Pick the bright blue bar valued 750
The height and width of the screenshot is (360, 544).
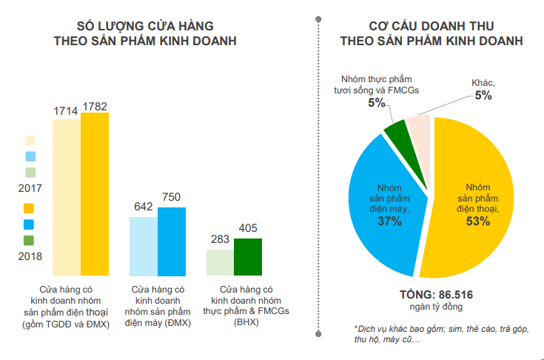point(172,241)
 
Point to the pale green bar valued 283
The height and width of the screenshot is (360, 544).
point(220,262)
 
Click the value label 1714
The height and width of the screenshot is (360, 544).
point(66,110)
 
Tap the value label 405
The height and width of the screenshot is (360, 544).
point(248,230)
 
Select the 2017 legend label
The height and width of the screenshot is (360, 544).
point(29,189)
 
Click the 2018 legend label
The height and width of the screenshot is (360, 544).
point(29,256)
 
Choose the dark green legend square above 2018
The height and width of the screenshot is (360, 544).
point(29,240)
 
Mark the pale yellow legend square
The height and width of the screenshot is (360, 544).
point(30,140)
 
